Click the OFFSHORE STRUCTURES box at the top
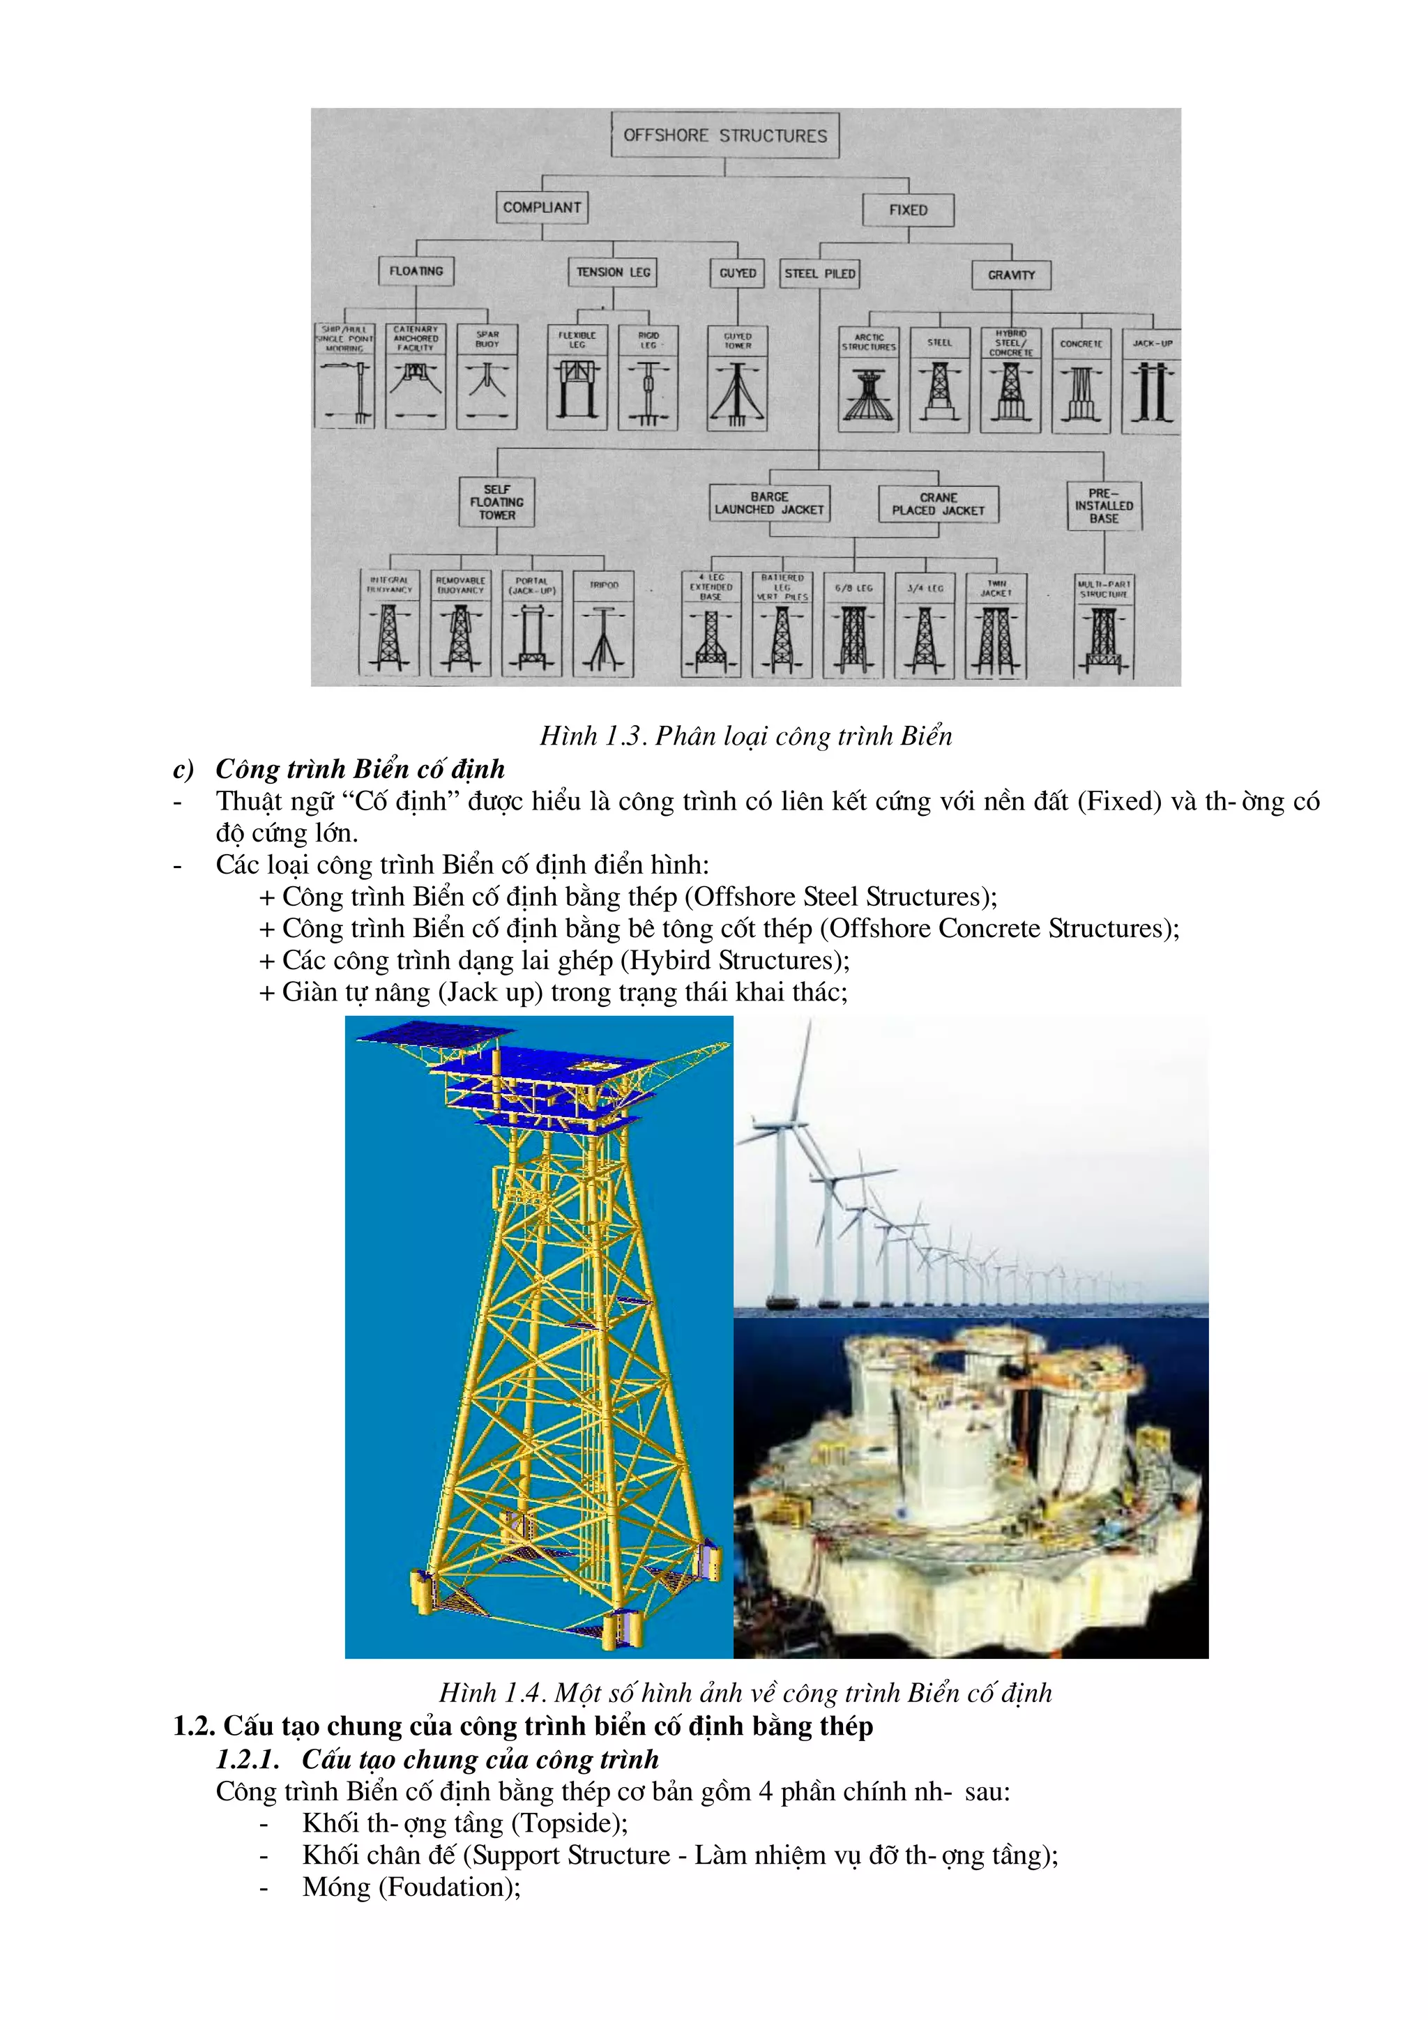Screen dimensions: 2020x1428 tap(724, 135)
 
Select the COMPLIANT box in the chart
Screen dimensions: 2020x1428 tap(541, 208)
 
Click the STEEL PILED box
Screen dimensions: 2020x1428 tap(819, 273)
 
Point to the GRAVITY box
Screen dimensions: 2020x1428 tap(1011, 275)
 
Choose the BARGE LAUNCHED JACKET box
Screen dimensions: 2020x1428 tap(769, 503)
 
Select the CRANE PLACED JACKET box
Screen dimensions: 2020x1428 tap(938, 504)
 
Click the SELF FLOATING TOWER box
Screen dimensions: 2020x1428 tap(496, 502)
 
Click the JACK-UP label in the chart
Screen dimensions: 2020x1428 tap(1152, 343)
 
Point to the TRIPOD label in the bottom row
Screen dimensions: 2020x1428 tap(604, 585)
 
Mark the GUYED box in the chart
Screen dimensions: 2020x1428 tap(737, 273)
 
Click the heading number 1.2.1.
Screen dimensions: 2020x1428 tap(248, 1759)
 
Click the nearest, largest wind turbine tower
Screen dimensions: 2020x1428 tap(782, 1223)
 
